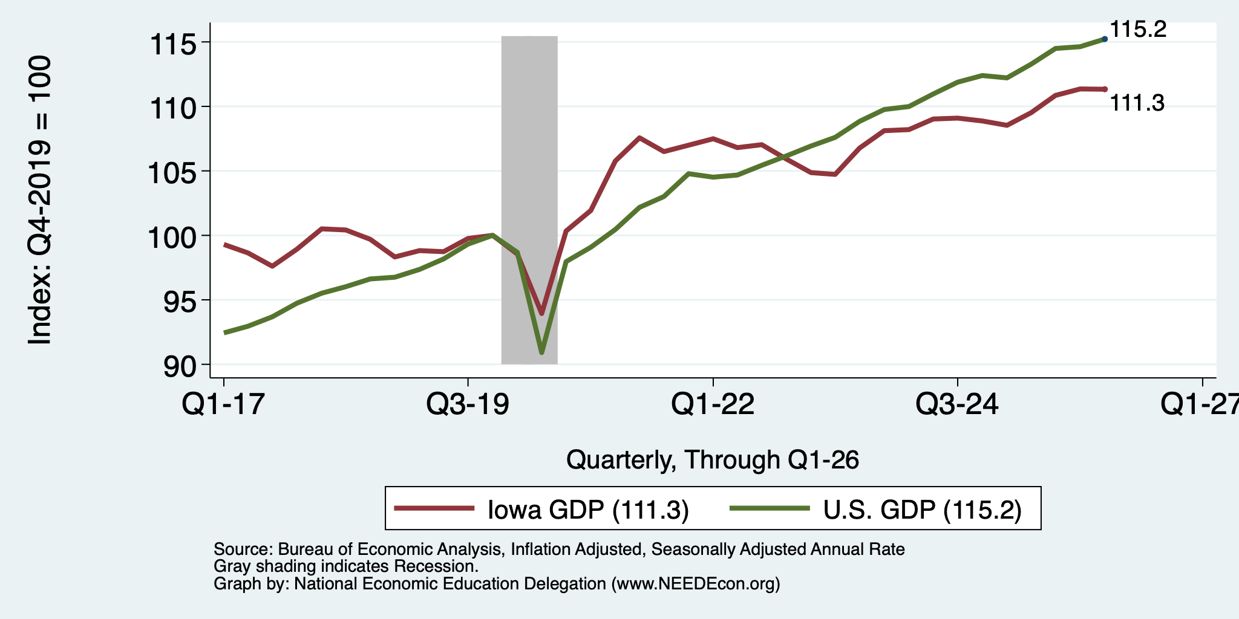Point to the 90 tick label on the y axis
[181, 366]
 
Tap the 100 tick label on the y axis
[174, 237]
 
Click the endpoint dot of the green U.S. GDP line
[1105, 39]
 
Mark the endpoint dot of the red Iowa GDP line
[1105, 89]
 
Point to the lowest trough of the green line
[541, 352]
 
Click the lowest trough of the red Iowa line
[541, 314]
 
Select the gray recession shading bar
[529, 200]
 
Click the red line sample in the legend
[434, 508]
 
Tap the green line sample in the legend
[770, 508]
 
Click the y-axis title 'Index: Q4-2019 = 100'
[40, 200]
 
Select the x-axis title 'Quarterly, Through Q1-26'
[713, 460]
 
